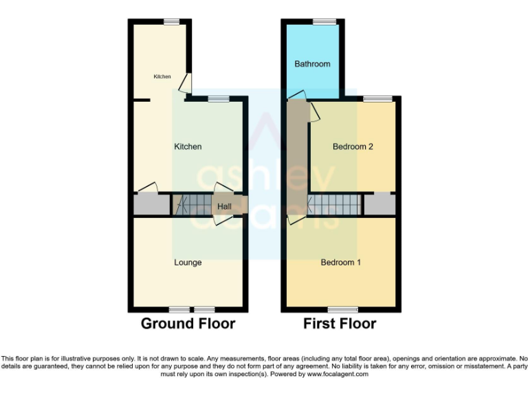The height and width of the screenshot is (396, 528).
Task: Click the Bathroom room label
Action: [312, 64]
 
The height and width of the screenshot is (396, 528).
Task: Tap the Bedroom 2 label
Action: [353, 146]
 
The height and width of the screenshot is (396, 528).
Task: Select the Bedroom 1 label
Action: [341, 263]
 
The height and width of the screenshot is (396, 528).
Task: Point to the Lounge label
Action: [188, 263]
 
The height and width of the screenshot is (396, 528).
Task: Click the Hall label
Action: [224, 206]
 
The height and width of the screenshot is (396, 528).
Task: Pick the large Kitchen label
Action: [188, 146]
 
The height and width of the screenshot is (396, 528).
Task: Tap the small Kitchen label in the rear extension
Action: [162, 76]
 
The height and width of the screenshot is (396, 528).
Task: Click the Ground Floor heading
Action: [188, 323]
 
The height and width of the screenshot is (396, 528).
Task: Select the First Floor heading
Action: [340, 323]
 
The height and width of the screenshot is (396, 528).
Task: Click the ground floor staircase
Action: [192, 204]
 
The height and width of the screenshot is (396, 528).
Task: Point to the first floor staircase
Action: [334, 204]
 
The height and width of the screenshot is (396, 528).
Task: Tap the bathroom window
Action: [320, 22]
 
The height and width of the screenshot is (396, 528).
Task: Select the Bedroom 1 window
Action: [342, 309]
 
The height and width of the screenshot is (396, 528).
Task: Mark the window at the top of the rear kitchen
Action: [172, 22]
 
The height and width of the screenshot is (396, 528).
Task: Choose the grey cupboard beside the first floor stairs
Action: [379, 204]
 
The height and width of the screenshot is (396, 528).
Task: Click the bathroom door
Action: [297, 95]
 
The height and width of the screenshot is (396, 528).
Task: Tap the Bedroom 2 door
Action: [314, 113]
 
